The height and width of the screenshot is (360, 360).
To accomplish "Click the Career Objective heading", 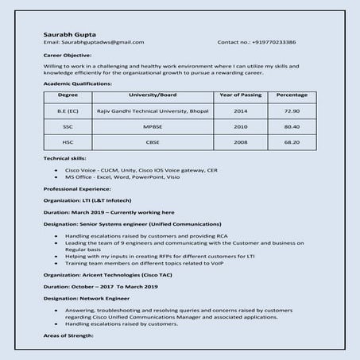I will coord(68,56).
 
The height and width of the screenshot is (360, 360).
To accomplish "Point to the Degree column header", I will coord(68,95).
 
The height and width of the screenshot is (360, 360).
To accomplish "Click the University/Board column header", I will coord(152,95).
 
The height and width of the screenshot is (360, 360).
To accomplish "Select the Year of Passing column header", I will coord(240,95).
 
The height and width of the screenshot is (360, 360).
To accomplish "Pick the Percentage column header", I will coord(292,95).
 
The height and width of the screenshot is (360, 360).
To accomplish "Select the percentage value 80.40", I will coord(292,126).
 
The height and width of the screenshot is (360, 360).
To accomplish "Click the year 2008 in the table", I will coord(240,142).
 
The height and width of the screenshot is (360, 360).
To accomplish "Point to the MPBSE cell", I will coord(152,126).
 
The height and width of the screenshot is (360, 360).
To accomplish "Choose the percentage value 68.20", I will coord(292,142).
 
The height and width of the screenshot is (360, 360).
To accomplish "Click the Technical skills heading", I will coord(64,159).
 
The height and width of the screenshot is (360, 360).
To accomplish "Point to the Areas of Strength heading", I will coord(69,336).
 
